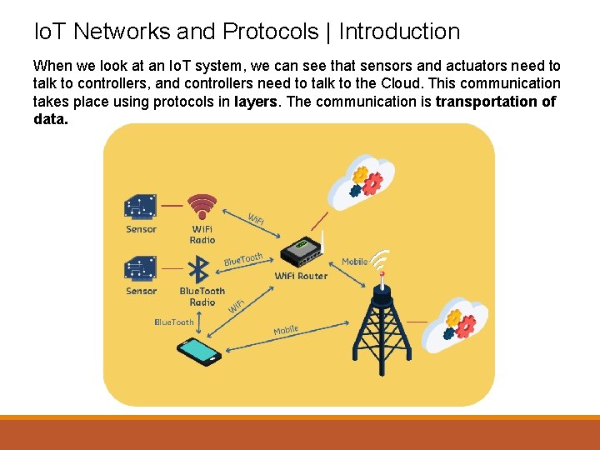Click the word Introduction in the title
tap(399, 32)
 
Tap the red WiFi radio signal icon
tap(202, 205)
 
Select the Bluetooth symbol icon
tap(199, 269)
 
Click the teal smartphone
tap(198, 350)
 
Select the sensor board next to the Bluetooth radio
tap(141, 268)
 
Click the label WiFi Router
tap(301, 276)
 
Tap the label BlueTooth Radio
tap(202, 297)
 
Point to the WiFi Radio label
tap(202, 234)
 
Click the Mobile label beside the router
tap(354, 262)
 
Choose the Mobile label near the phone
tap(286, 331)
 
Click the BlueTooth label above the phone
tap(174, 322)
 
